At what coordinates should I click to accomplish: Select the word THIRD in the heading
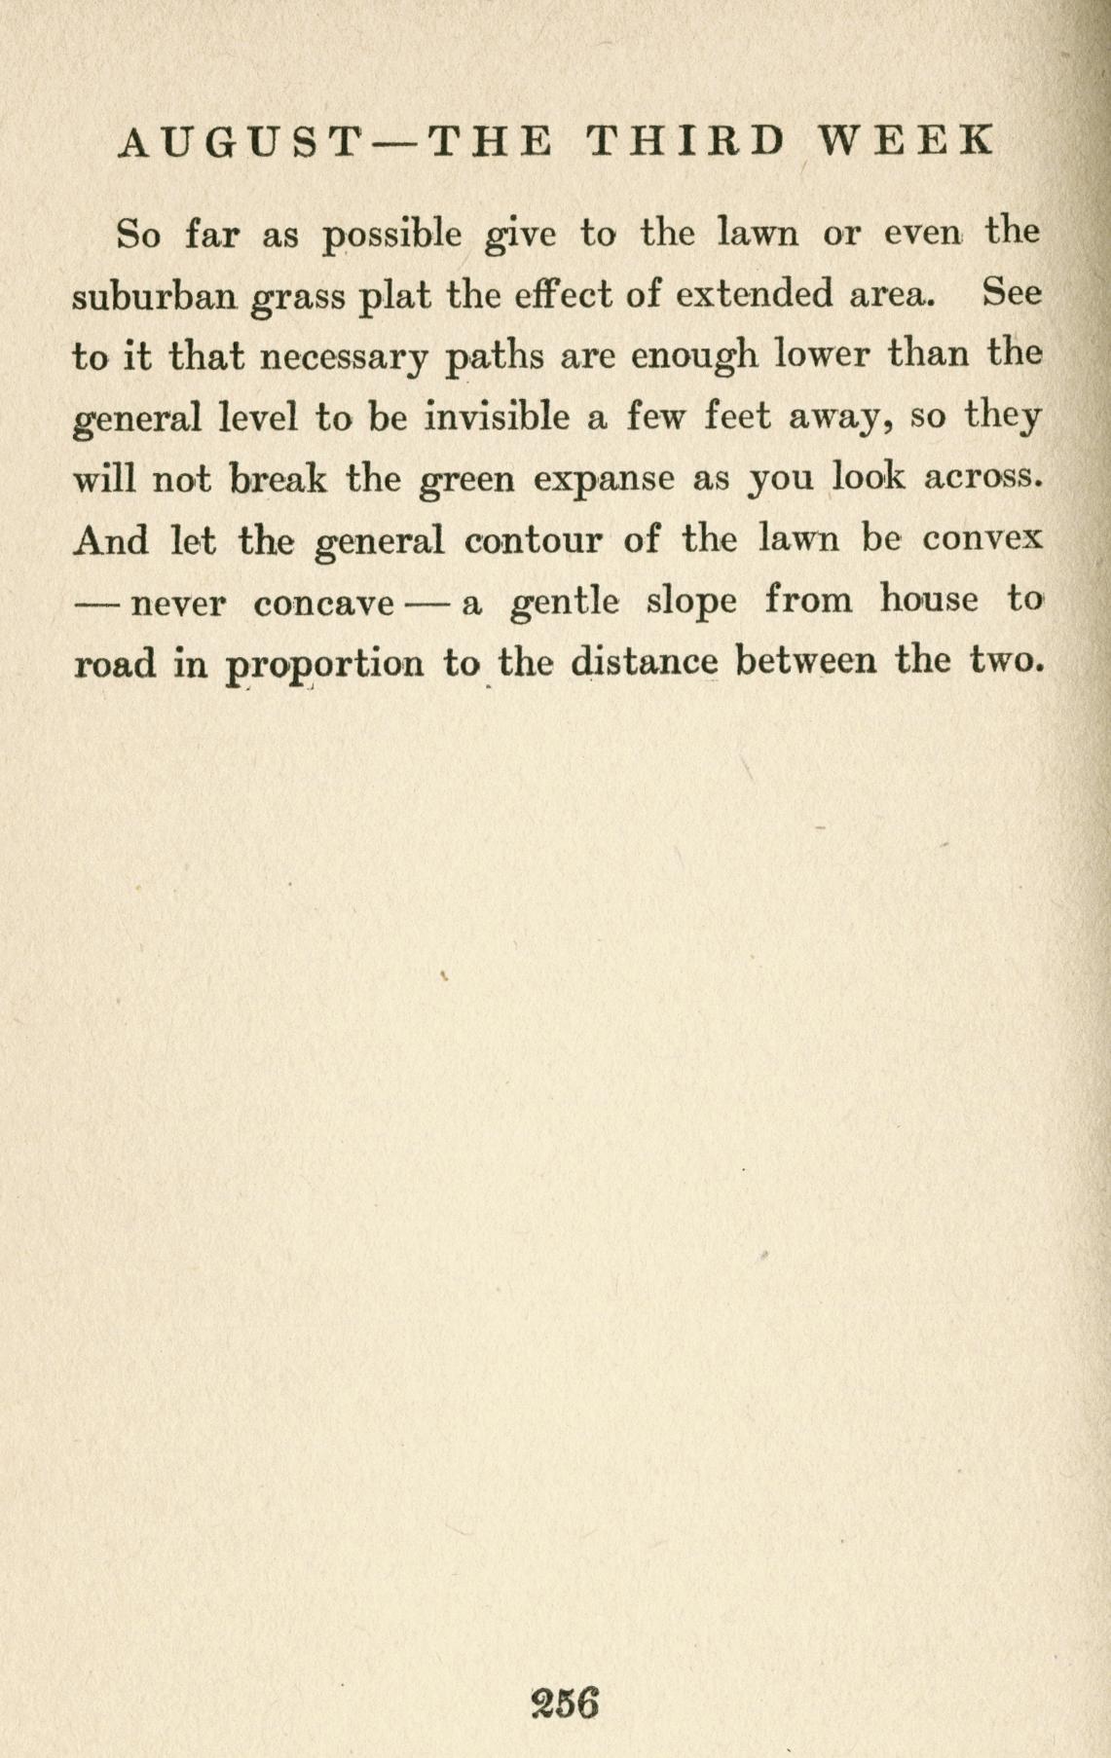coord(686,142)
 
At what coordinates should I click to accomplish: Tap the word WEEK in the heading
coord(906,142)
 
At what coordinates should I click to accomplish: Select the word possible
coord(392,237)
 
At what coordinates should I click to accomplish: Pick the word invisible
coord(497,418)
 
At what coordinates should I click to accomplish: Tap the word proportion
coord(324,665)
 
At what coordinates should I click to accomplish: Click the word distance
coord(644,663)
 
